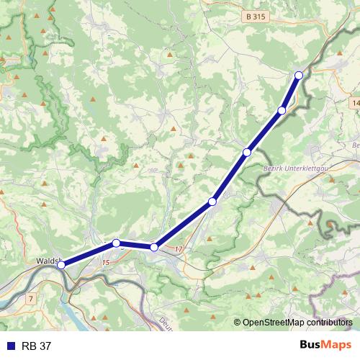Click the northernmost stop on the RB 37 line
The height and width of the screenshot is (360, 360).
pos(299,75)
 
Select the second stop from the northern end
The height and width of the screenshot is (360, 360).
pos(282,110)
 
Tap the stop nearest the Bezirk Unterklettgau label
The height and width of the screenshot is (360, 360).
pos(247,152)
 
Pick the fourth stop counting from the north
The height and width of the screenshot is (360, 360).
pos(212,202)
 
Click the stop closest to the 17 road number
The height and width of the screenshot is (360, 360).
pos(154,247)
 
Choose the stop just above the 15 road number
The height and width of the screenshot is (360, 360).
pos(116,243)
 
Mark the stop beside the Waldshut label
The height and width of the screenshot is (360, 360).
pos(61,265)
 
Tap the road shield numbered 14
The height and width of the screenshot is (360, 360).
pos(355,104)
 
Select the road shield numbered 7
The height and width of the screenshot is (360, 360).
pos(31,297)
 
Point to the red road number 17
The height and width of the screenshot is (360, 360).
pos(179,250)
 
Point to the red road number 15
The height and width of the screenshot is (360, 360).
pos(105,263)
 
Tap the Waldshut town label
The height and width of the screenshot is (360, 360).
pos(49,262)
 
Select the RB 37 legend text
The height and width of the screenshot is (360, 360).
pos(36,346)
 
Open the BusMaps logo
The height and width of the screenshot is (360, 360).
pos(325,346)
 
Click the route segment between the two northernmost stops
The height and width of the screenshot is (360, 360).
pos(291,92)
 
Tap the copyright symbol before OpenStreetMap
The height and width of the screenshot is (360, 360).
pos(238,323)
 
